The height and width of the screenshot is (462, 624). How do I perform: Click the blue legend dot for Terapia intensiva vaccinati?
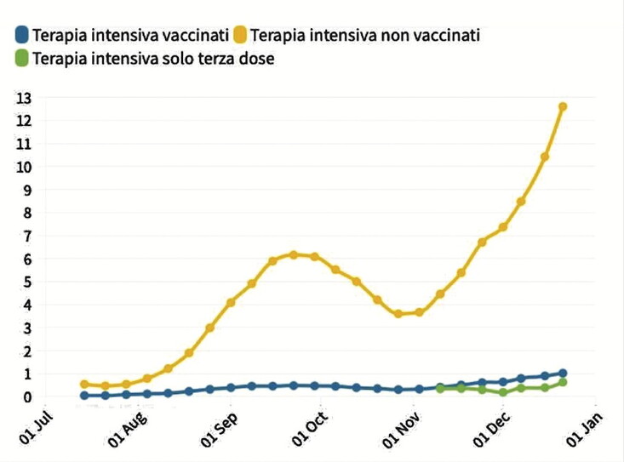(21, 35)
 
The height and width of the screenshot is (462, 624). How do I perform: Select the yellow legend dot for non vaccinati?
(241, 35)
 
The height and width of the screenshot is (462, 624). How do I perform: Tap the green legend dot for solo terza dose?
(21, 59)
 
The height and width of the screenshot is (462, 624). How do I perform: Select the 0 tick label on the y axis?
(26, 396)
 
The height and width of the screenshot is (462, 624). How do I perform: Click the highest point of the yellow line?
(563, 106)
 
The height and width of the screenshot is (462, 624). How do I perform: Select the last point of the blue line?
(563, 374)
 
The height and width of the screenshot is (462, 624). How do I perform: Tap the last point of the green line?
(563, 382)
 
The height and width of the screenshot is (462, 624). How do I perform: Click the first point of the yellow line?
(84, 385)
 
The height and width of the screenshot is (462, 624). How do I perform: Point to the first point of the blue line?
(84, 396)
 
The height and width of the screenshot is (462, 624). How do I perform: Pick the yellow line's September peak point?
(294, 254)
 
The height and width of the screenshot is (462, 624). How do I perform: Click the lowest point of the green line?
(503, 392)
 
